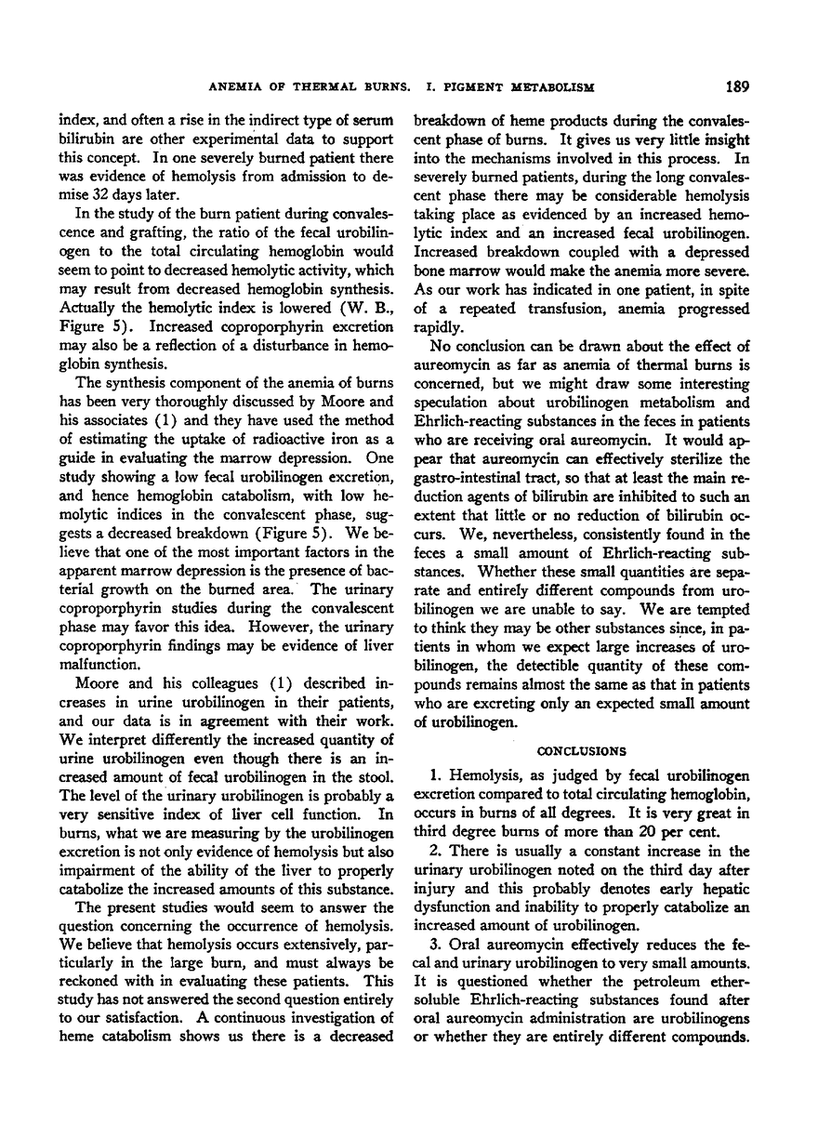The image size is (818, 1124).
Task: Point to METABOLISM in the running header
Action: [x=544, y=88]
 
